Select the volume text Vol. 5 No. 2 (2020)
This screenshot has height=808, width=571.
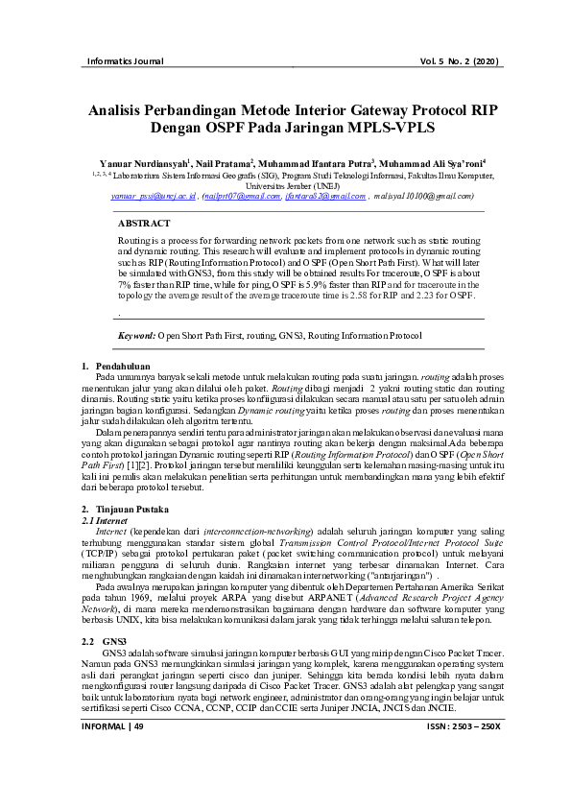(x=460, y=62)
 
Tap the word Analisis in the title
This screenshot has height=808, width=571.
(x=125, y=110)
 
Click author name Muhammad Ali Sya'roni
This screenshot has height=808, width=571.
(x=433, y=164)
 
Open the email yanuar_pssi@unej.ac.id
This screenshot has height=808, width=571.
(x=154, y=195)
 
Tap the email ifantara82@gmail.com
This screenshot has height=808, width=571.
(x=325, y=195)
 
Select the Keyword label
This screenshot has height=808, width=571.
(x=135, y=336)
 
